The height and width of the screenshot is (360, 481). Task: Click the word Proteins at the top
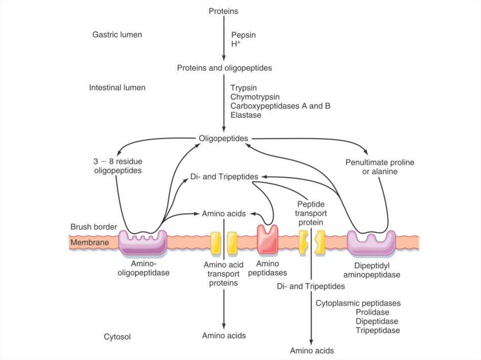(224, 11)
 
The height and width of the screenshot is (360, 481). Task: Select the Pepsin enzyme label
(243, 35)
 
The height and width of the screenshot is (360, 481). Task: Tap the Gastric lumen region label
(117, 35)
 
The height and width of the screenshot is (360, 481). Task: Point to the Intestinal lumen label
(117, 88)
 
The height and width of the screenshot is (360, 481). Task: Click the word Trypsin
(243, 88)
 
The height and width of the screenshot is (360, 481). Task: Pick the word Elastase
(246, 115)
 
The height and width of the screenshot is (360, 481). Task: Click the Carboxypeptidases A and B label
(280, 106)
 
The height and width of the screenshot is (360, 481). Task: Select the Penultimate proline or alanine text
(373, 167)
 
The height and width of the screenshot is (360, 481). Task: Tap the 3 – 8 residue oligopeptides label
(115, 166)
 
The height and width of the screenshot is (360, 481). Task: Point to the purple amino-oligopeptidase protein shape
(143, 242)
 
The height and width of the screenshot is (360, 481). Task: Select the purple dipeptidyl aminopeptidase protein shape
(371, 242)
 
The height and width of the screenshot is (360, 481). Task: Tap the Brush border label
(93, 227)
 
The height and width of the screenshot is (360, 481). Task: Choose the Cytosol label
(117, 337)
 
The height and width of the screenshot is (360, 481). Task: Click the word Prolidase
(372, 313)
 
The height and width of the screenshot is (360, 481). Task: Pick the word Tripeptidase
(377, 330)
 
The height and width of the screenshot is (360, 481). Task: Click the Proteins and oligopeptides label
(224, 68)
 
